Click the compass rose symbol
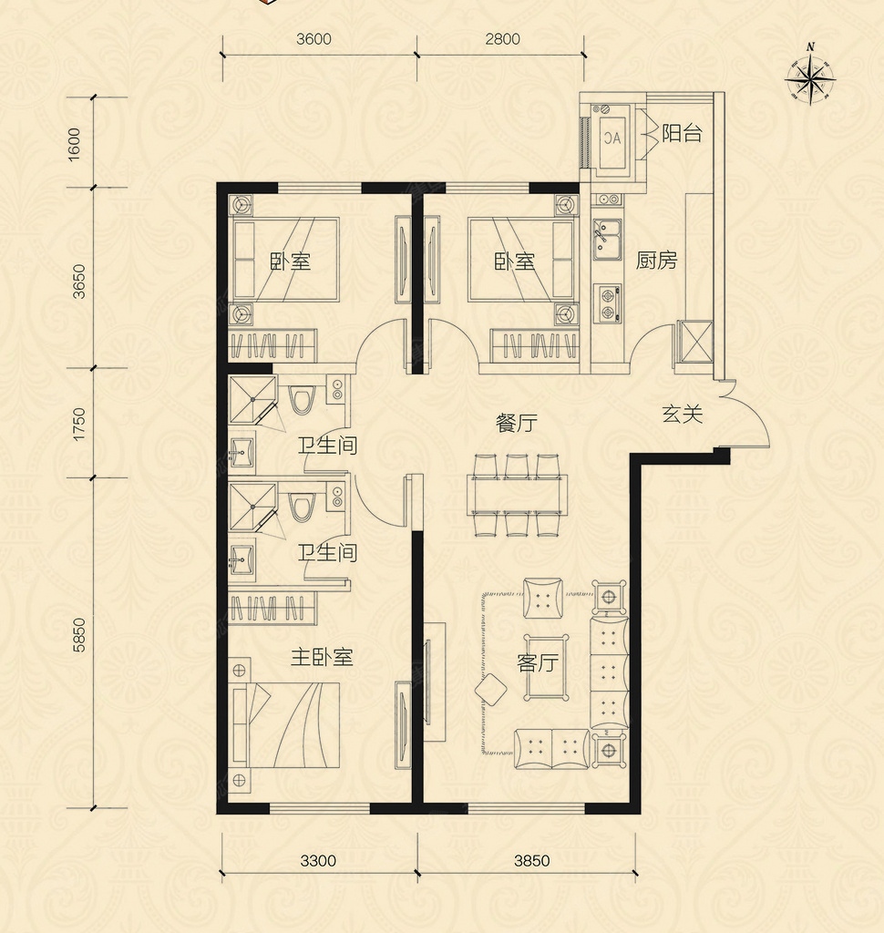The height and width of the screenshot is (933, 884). pyautogui.click(x=809, y=77)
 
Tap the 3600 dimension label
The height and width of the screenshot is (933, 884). pyautogui.click(x=314, y=39)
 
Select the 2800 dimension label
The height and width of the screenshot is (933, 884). pyautogui.click(x=502, y=39)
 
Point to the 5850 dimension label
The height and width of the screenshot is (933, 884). pyautogui.click(x=79, y=635)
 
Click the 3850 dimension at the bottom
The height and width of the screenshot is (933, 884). pyautogui.click(x=531, y=860)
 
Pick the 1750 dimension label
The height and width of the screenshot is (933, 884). pyautogui.click(x=79, y=425)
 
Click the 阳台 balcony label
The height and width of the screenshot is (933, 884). pyautogui.click(x=683, y=133)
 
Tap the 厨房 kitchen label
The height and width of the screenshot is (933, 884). pyautogui.click(x=656, y=260)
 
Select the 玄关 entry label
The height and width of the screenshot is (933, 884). pyautogui.click(x=683, y=415)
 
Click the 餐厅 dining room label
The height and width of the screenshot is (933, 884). pyautogui.click(x=517, y=423)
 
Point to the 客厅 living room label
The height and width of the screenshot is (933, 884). pyautogui.click(x=538, y=662)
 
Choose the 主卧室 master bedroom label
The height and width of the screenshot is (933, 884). pyautogui.click(x=322, y=657)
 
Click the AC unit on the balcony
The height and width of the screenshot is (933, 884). pyautogui.click(x=612, y=139)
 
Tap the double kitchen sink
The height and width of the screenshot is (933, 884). pyautogui.click(x=607, y=239)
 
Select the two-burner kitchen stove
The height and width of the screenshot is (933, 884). pyautogui.click(x=608, y=303)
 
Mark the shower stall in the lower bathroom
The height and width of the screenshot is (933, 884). pyautogui.click(x=253, y=507)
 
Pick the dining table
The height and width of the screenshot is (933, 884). pyautogui.click(x=518, y=495)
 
